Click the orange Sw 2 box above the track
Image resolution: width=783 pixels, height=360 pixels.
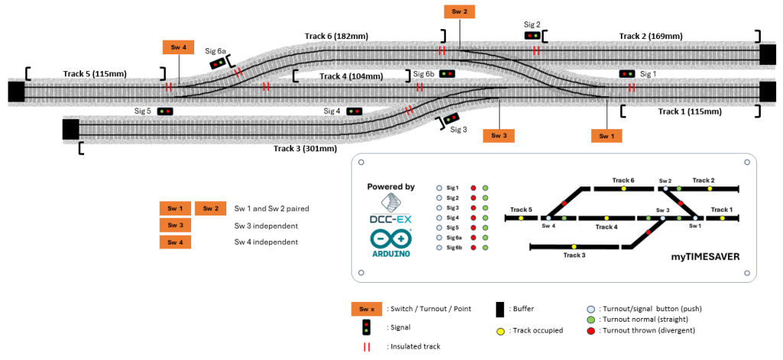(459, 11)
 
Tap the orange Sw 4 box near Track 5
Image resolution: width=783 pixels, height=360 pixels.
(178, 47)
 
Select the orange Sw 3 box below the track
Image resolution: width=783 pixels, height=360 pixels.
(499, 135)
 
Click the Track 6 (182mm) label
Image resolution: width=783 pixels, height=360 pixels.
(336, 36)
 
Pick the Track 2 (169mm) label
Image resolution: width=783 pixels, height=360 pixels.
(651, 36)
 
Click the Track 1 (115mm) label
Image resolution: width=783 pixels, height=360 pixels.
(690, 112)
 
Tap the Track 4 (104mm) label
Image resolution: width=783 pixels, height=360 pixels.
(352, 76)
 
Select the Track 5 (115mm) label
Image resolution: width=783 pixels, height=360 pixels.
(95, 73)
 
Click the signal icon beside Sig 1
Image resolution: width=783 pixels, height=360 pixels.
(627, 73)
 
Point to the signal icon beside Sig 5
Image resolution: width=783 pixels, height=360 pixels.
(165, 112)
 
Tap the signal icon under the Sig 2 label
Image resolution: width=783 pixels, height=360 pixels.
(532, 35)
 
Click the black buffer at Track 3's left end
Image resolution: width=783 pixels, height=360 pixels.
(70, 129)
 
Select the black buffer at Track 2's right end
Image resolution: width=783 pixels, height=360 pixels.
(768, 54)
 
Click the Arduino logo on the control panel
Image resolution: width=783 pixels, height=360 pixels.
(391, 242)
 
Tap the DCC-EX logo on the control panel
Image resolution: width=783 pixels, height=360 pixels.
(391, 207)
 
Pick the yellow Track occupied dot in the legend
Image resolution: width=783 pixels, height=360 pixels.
(500, 330)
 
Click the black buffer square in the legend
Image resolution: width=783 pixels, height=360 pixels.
(501, 309)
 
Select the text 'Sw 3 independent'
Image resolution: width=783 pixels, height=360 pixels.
(266, 225)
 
